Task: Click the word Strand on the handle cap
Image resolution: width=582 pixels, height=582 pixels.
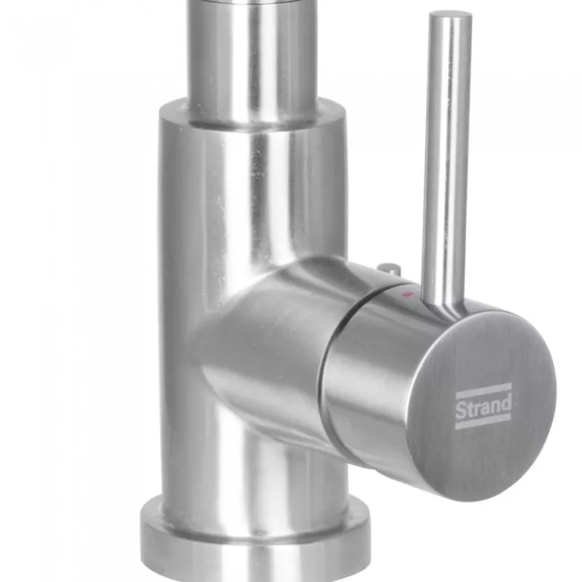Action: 483,407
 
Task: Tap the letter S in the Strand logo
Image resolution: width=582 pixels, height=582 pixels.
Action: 461,410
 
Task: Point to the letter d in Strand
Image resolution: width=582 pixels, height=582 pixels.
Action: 506,404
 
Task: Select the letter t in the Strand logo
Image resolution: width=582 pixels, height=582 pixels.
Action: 469,408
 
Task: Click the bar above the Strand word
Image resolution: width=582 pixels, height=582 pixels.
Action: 483,390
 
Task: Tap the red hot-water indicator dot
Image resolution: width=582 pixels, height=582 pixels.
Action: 407,295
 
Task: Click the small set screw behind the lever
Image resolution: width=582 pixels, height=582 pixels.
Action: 389,268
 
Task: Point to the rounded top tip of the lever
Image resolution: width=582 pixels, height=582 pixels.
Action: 450,15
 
